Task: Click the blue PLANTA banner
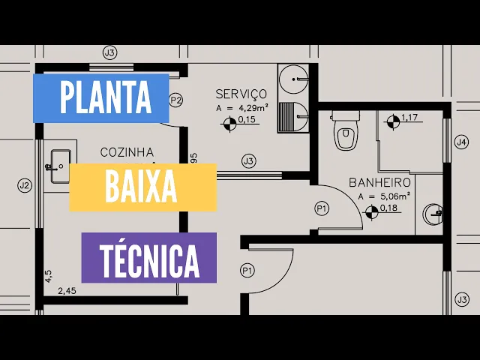tap(101, 97)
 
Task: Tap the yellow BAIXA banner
tap(142, 187)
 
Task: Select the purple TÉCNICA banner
tap(148, 258)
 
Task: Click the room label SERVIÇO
tap(241, 94)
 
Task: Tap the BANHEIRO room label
tap(379, 182)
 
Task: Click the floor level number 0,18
tap(388, 208)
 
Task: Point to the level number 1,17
tap(409, 117)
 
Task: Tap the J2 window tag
tap(24, 185)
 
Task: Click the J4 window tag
tap(462, 142)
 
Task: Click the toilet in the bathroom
tap(345, 133)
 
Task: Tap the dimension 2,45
tap(67, 290)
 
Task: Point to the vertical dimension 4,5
tap(49, 276)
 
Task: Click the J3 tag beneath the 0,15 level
tap(248, 160)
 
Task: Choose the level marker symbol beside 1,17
tap(392, 120)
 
